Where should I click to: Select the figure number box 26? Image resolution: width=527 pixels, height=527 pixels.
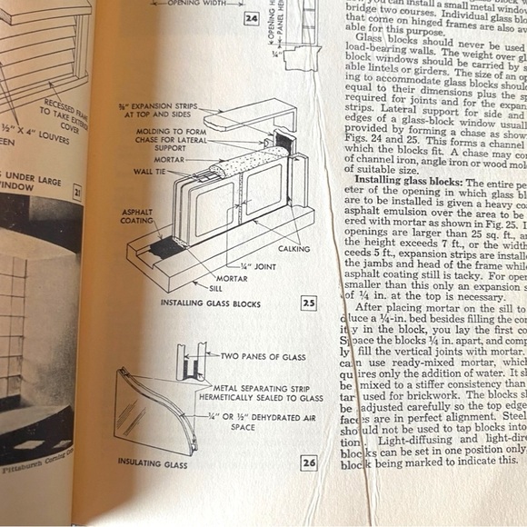tap(309, 463)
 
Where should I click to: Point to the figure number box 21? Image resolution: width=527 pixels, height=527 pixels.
tap(77, 192)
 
